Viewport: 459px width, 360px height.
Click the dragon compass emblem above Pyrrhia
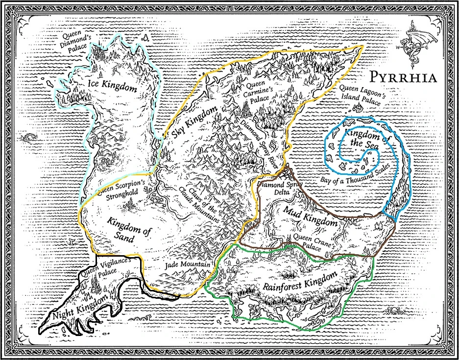coord(414,47)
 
